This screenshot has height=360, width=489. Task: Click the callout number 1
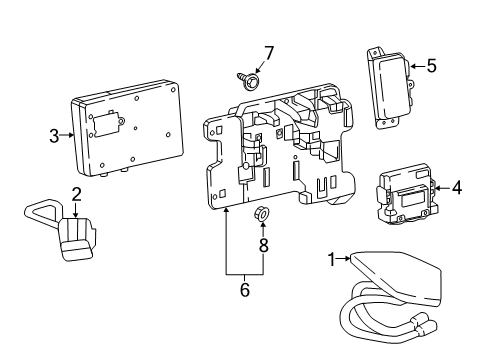(332, 260)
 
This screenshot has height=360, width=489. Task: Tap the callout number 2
(76, 195)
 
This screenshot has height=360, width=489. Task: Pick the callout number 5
(431, 66)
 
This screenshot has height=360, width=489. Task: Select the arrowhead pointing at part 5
(413, 67)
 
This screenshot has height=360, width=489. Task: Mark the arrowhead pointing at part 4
(439, 185)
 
